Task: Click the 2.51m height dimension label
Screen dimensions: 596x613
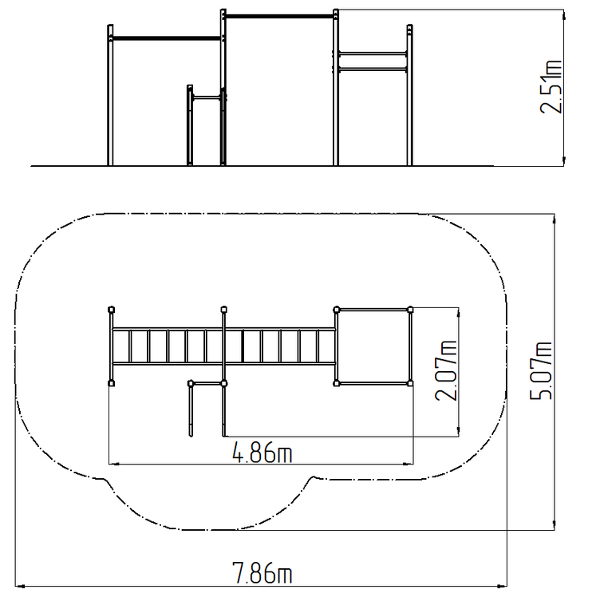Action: click(551, 87)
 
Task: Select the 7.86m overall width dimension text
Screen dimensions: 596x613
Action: click(262, 573)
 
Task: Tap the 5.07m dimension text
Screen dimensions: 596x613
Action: click(541, 370)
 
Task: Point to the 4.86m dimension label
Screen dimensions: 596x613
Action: click(262, 452)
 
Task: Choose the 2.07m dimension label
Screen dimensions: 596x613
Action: click(446, 370)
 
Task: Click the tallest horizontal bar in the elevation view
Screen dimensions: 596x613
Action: click(279, 17)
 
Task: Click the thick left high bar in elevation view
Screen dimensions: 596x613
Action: click(167, 38)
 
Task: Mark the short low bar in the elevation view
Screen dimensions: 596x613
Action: click(207, 97)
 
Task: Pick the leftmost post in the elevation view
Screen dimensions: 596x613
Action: click(110, 95)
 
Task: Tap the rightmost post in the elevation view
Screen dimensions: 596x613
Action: click(409, 95)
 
